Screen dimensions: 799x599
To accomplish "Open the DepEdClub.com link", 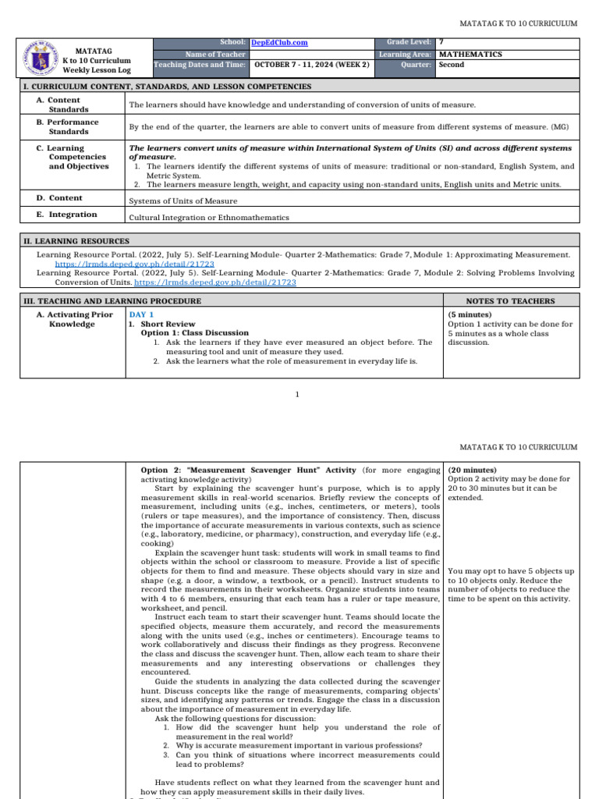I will [279, 43].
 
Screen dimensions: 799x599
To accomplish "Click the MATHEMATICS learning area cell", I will [470, 55].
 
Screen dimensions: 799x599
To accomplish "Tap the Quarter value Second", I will [452, 65].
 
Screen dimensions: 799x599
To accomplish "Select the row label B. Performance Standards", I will [73, 126].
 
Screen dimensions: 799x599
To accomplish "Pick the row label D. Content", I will [59, 198].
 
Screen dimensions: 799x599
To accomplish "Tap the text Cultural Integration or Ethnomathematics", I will [209, 218].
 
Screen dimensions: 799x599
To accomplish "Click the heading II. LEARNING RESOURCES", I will [77, 241].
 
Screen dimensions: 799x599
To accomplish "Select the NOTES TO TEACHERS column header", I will [511, 300].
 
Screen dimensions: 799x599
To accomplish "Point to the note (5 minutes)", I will [470, 314].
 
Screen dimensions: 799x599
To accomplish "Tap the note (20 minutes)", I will [473, 471].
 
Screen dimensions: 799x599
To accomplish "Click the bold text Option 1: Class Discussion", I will [194, 333].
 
